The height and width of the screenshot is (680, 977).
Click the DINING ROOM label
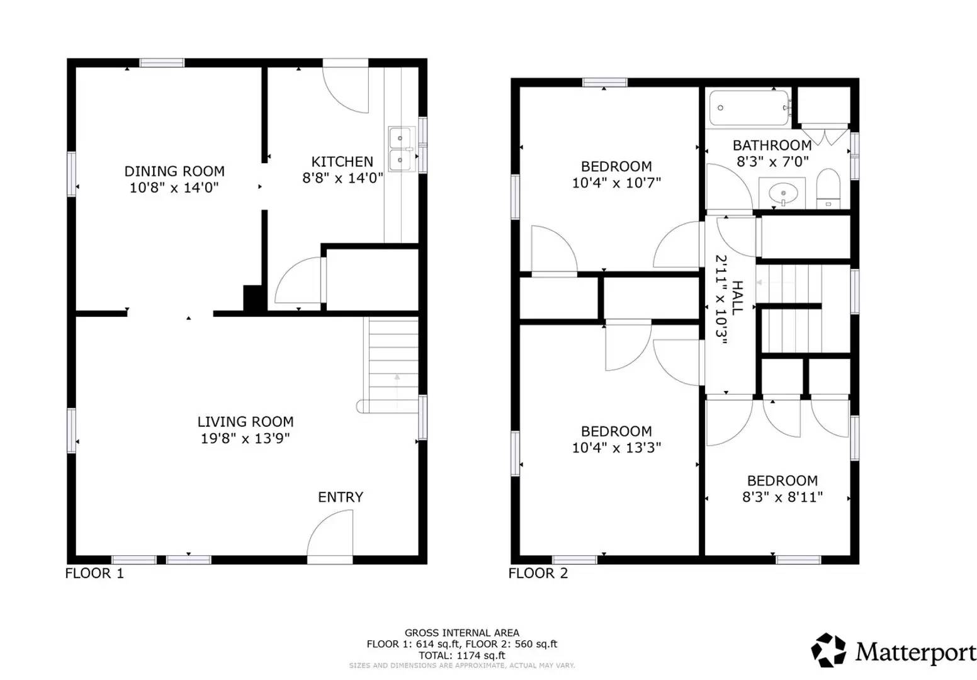click(x=174, y=171)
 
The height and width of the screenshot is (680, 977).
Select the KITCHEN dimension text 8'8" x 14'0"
click(x=342, y=178)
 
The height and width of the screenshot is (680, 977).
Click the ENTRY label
click(x=341, y=497)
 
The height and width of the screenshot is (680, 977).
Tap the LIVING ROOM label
click(x=246, y=422)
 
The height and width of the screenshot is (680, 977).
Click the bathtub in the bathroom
click(x=749, y=108)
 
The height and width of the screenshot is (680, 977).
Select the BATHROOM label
click(x=772, y=145)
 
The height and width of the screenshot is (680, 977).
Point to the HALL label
click(x=738, y=297)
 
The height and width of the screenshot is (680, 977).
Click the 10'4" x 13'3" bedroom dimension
click(x=616, y=448)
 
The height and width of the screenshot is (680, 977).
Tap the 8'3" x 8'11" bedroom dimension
click(x=782, y=497)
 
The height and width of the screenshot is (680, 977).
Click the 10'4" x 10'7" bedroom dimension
click(x=616, y=183)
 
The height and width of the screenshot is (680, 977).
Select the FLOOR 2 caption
click(x=538, y=573)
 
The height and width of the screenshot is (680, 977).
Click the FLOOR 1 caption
click(x=95, y=573)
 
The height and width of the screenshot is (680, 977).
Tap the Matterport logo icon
click(x=828, y=650)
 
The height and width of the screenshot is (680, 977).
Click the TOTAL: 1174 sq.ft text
click(x=462, y=655)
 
